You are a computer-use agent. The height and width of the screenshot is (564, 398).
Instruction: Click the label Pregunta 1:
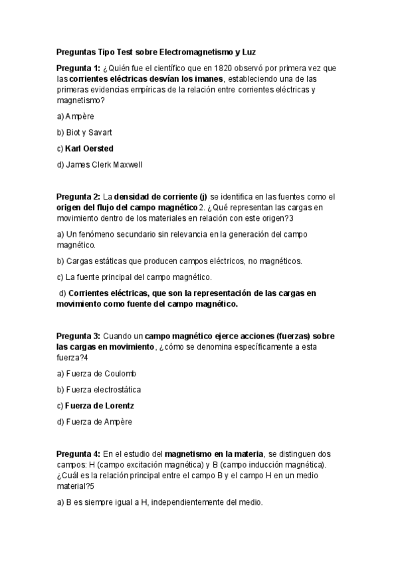pyautogui.click(x=78, y=69)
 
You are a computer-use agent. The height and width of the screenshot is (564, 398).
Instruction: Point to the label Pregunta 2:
pyautogui.click(x=78, y=196)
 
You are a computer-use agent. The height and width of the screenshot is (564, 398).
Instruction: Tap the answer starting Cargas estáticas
pyautogui.click(x=183, y=260)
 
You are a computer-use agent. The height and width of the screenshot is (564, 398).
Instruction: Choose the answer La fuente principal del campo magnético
pyautogui.click(x=138, y=276)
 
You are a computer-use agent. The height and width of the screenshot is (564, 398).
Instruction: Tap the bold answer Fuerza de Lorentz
pyautogui.click(x=100, y=405)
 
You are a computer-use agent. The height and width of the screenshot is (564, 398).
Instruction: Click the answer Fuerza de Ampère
pyautogui.click(x=98, y=421)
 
